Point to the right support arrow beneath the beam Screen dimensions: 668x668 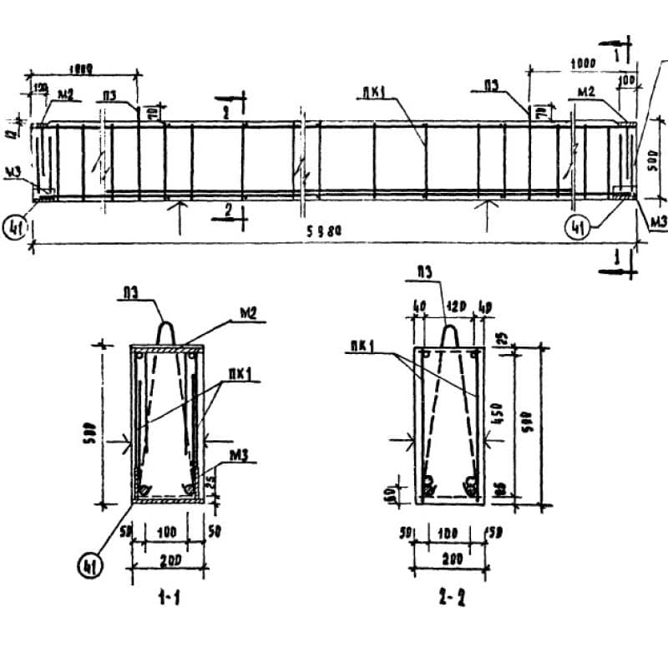tap(485, 210)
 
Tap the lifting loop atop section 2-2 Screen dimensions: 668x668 tap(450, 334)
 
